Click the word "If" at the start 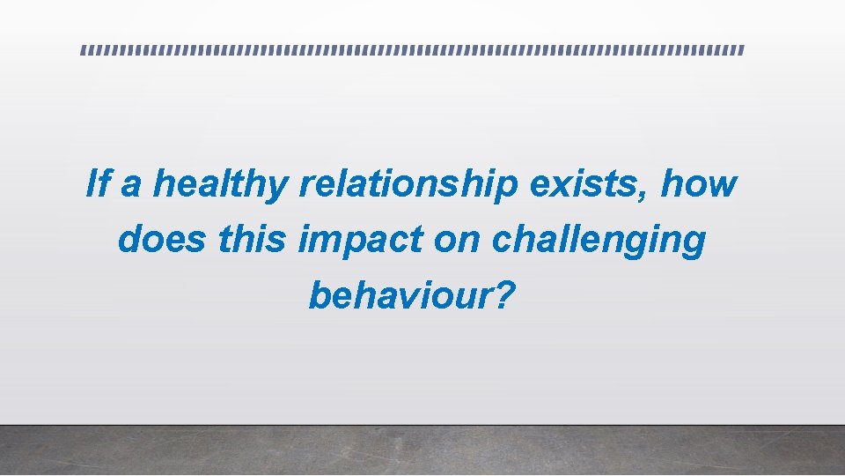tap(99, 184)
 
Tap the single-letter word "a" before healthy tap(130, 186)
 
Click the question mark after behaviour tap(501, 295)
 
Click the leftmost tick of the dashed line tap(84, 50)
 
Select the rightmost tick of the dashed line tap(742, 50)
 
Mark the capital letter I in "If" tap(92, 184)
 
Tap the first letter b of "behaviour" tap(319, 296)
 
